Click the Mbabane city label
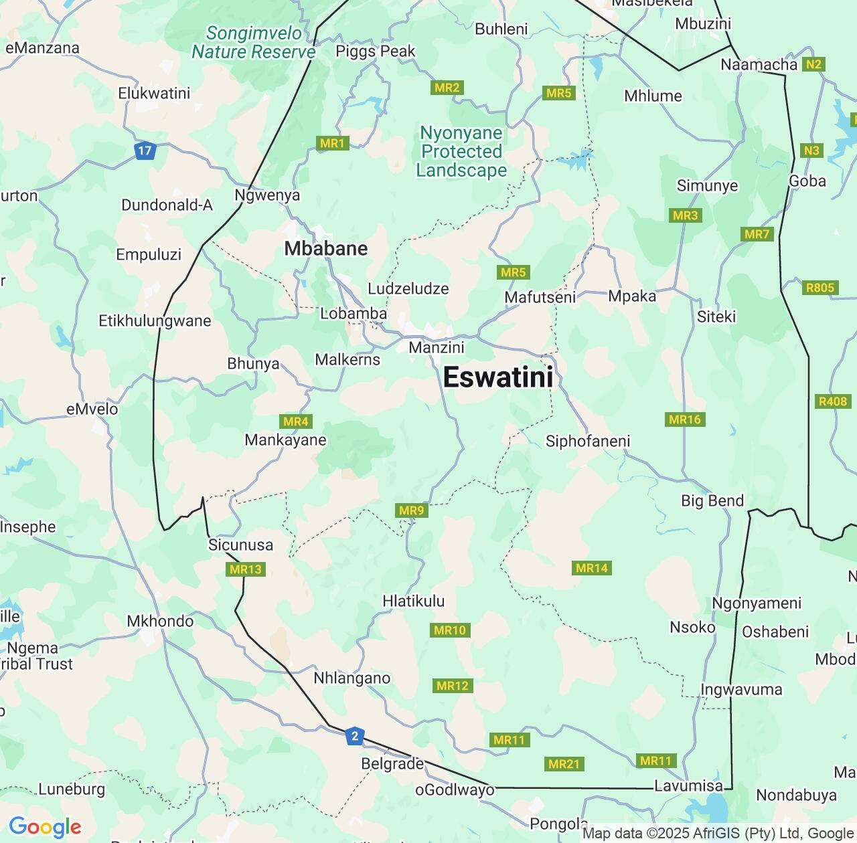point(326,248)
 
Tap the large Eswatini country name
point(498,377)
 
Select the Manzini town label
point(437,347)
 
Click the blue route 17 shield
point(145,151)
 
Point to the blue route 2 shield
point(355,737)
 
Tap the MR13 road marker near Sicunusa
point(246,569)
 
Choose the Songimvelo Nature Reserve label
point(254,42)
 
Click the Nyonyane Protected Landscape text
point(461,151)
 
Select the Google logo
point(45,827)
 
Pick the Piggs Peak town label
point(376,52)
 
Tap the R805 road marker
point(820,288)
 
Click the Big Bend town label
point(712,500)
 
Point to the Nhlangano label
point(352,678)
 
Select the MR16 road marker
point(685,419)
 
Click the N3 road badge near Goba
point(811,151)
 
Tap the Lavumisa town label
point(689,786)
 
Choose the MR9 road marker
point(411,510)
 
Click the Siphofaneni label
point(588,441)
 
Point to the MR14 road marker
point(592,568)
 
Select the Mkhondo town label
point(161,621)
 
